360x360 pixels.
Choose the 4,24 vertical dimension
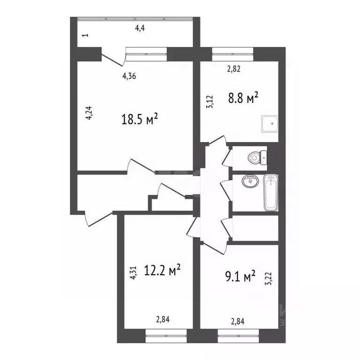click(89, 114)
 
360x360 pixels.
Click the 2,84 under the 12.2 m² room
click(163, 320)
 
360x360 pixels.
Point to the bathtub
click(270, 192)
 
